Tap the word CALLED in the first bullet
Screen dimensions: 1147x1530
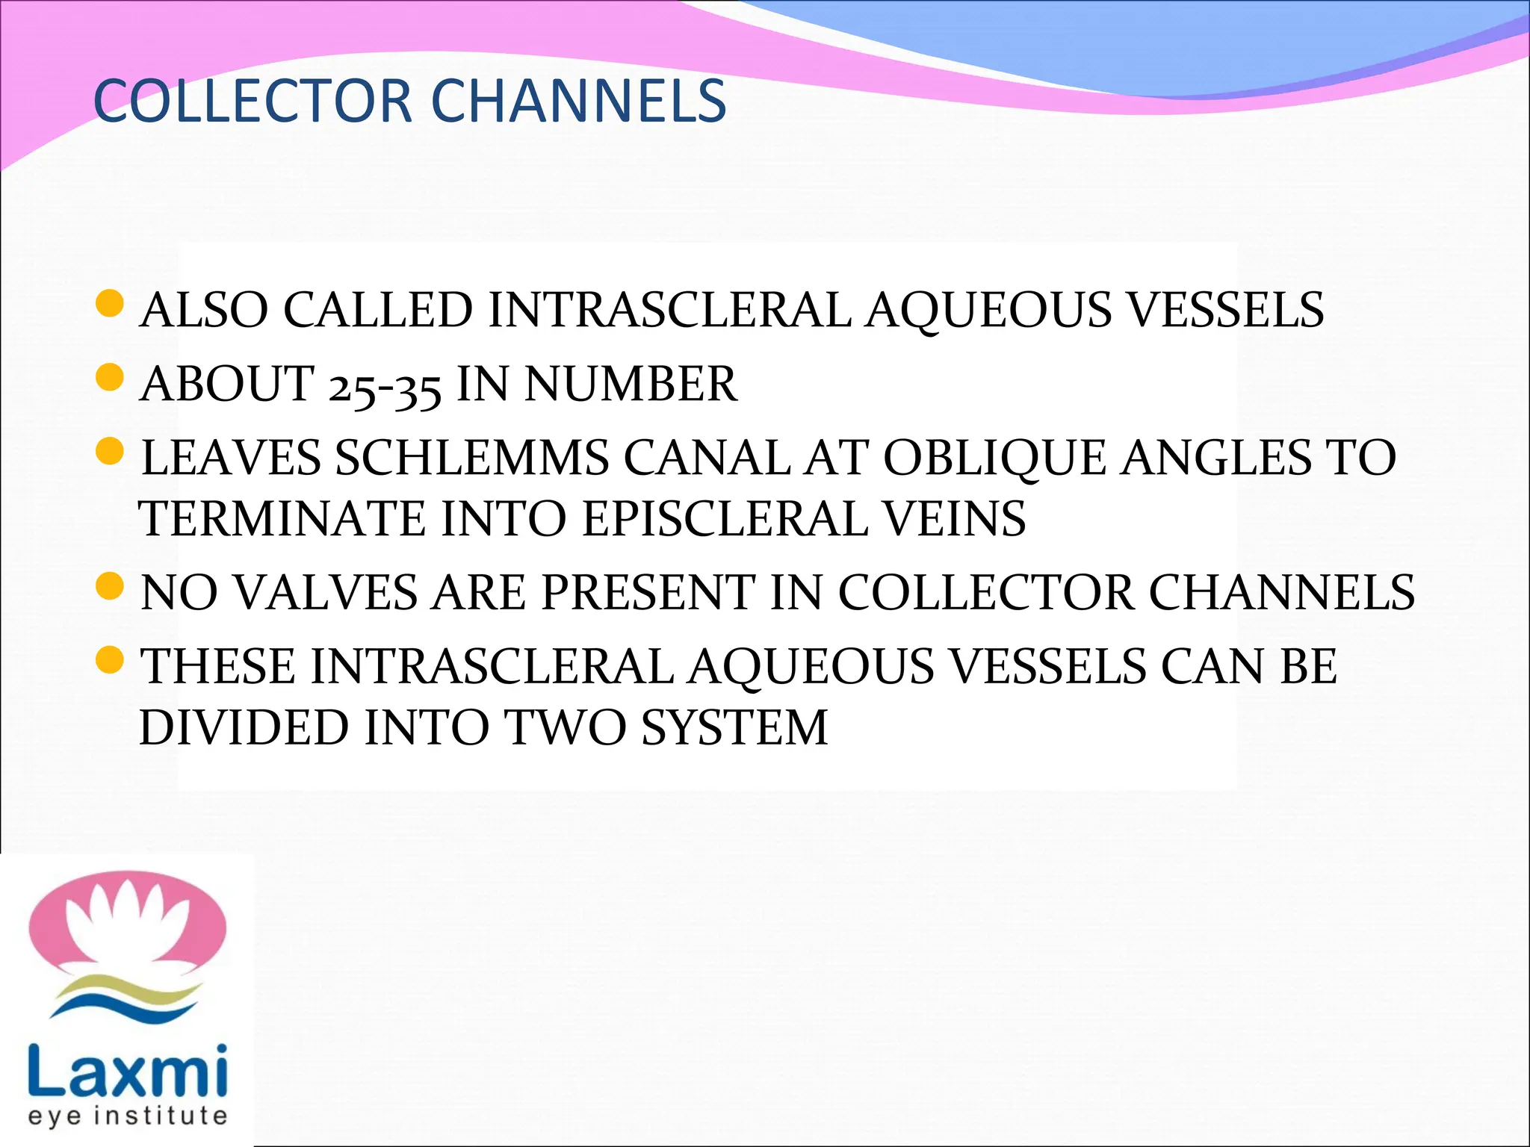tap(378, 310)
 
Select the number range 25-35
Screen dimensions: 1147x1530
tap(385, 385)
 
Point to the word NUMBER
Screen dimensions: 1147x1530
tap(631, 384)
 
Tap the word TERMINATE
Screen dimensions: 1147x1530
tap(283, 518)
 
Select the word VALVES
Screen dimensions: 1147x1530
tap(324, 592)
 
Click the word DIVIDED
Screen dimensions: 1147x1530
tap(244, 727)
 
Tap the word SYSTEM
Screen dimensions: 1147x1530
tap(734, 727)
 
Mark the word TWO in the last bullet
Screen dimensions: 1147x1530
tap(566, 727)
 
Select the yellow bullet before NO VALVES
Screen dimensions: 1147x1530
tap(110, 586)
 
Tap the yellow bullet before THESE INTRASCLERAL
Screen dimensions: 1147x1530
tap(110, 660)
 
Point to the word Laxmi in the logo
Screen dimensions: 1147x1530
tap(127, 1070)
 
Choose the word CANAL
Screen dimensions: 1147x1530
tap(707, 457)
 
